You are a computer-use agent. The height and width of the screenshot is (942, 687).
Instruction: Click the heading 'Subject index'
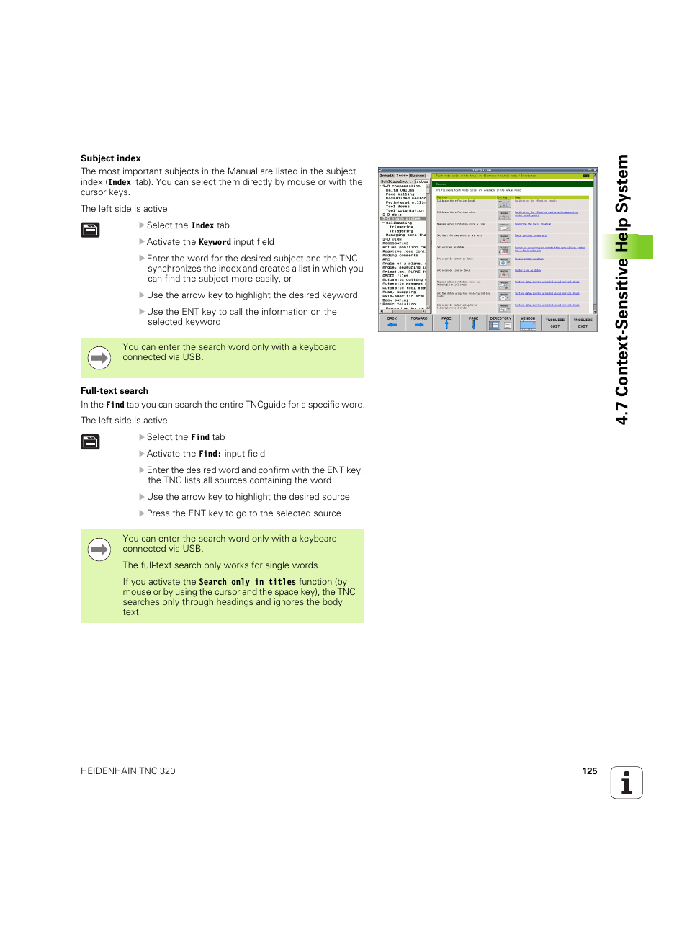coord(110,158)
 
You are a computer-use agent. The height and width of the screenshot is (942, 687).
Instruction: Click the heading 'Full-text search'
coord(114,391)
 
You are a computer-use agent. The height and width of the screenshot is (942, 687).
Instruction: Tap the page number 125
coord(589,771)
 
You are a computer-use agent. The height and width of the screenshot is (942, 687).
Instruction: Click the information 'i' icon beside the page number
coord(627,783)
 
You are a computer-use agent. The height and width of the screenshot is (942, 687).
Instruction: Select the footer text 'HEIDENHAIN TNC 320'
coord(128,771)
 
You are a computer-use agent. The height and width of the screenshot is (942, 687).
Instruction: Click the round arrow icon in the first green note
coord(99,357)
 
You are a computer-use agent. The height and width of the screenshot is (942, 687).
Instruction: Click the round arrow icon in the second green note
coord(99,549)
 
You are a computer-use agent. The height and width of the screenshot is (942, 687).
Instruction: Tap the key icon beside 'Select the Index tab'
coord(90,230)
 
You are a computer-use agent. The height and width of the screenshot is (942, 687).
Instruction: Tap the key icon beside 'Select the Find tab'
coord(90,442)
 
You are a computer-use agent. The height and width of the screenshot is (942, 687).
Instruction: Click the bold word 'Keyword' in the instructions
coord(215,243)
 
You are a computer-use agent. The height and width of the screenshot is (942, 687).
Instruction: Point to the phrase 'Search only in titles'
coord(247,582)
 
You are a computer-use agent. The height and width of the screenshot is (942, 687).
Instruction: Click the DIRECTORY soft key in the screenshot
coord(500,323)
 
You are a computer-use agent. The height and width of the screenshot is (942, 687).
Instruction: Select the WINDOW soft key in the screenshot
coord(528,323)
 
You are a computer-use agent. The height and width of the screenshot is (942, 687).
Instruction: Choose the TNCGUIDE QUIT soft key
coord(554,323)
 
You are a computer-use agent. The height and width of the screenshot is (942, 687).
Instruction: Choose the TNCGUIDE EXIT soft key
coord(583,323)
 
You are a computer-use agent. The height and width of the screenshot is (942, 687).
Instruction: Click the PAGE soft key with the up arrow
coord(446,323)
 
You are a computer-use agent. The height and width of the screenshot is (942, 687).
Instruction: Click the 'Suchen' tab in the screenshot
coord(418,176)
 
